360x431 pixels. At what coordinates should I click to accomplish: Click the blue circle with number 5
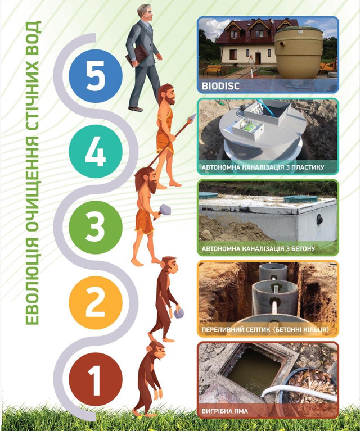pyautogui.click(x=96, y=76)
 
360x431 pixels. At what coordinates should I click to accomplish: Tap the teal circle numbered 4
pyautogui.click(x=96, y=151)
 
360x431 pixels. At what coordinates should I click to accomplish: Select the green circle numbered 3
pyautogui.click(x=96, y=226)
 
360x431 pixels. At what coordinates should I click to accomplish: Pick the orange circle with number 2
pyautogui.click(x=96, y=303)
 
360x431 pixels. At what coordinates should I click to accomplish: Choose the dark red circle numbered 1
pyautogui.click(x=96, y=379)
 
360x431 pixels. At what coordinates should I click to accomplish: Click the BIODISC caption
pyautogui.click(x=220, y=86)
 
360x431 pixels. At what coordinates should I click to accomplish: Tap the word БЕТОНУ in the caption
pyautogui.click(x=302, y=249)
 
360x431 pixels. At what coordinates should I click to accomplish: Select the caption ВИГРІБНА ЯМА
pyautogui.click(x=225, y=411)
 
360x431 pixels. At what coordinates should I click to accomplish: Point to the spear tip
pyautogui.click(x=192, y=117)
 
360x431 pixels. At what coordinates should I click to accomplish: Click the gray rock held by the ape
pyautogui.click(x=179, y=314)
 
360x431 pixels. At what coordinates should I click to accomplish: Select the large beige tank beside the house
pyautogui.click(x=298, y=53)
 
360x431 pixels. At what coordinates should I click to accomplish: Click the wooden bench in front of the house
pyautogui.click(x=213, y=70)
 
